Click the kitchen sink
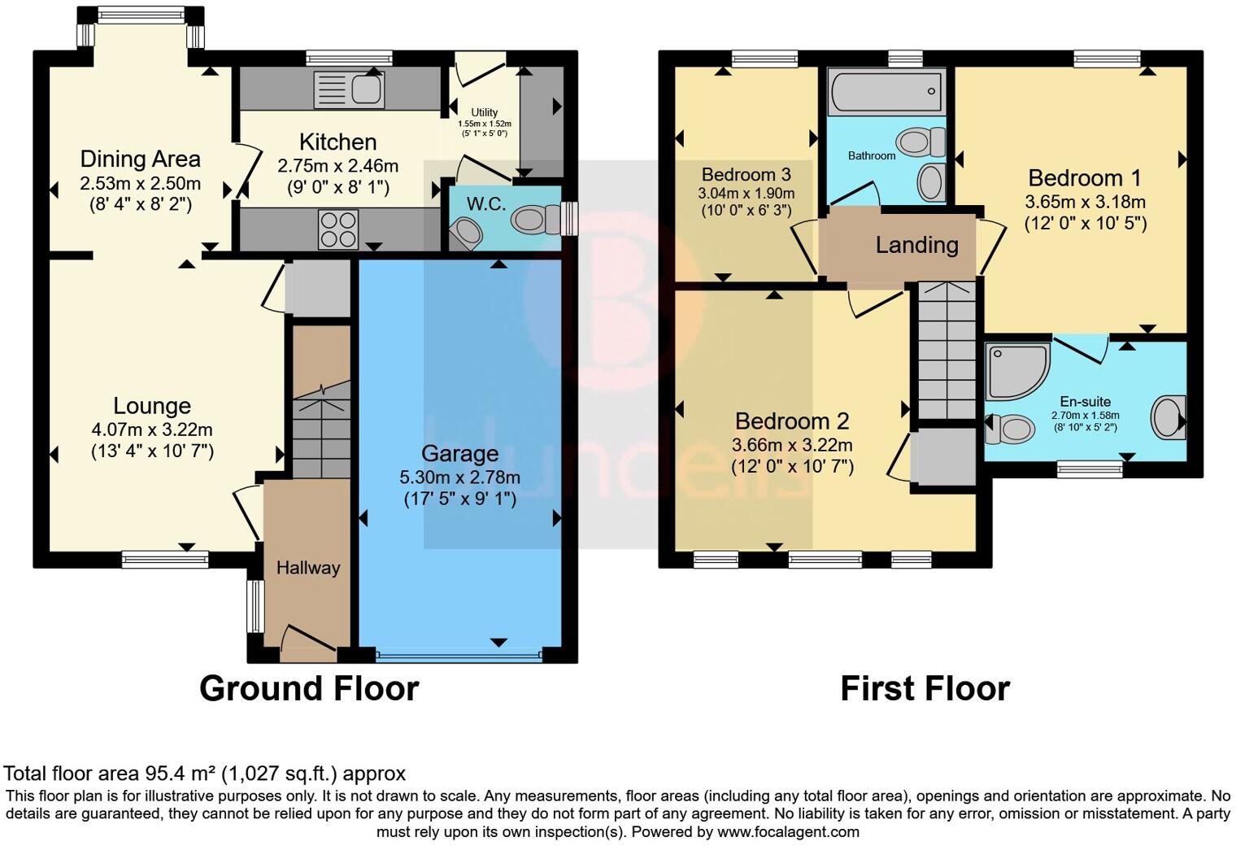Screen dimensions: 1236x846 click(x=350, y=89)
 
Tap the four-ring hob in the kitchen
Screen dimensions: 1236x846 click(x=337, y=229)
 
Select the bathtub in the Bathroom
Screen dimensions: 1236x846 click(x=886, y=92)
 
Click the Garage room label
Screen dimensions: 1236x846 click(x=459, y=454)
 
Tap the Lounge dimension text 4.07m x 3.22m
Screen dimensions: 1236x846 click(x=152, y=430)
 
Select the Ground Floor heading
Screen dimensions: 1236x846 click(x=309, y=688)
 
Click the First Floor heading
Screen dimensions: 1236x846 click(x=925, y=688)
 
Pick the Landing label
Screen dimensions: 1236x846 click(x=917, y=245)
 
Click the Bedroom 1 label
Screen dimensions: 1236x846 click(x=1085, y=178)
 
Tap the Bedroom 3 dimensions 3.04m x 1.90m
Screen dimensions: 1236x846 click(x=746, y=194)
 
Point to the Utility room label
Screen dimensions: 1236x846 click(x=485, y=112)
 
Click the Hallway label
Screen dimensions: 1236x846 click(x=308, y=567)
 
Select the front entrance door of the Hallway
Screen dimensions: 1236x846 click(x=309, y=643)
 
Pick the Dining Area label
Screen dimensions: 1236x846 click(x=140, y=159)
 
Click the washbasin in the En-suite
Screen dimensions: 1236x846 click(x=1169, y=417)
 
